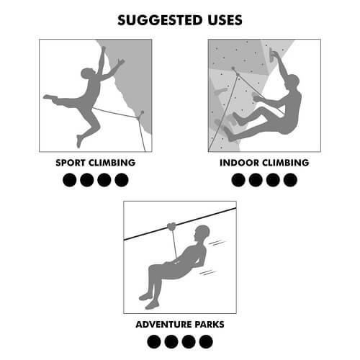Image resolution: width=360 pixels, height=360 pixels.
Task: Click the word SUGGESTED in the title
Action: (x=160, y=20)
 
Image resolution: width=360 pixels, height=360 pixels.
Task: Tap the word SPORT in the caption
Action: (x=71, y=163)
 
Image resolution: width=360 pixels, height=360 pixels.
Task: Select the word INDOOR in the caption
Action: (x=239, y=163)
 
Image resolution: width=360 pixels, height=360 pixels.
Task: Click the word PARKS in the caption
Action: (x=210, y=325)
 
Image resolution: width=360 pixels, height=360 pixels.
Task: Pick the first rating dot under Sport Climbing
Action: (x=70, y=180)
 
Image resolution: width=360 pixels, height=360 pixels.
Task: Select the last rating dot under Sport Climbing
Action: (x=122, y=180)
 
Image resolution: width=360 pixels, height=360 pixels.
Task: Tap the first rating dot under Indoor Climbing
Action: (x=238, y=180)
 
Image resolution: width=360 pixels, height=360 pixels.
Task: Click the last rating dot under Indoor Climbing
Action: (x=290, y=180)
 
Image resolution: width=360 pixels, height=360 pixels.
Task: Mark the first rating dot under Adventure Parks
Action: (x=154, y=342)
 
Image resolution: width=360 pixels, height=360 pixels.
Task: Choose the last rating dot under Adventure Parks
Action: (x=206, y=342)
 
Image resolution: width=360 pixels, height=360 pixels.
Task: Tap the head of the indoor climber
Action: (x=292, y=81)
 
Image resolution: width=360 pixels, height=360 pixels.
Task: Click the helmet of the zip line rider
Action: (x=202, y=230)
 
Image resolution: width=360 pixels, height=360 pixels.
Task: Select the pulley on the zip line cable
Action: (x=171, y=227)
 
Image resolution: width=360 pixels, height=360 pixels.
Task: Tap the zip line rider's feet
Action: (x=149, y=300)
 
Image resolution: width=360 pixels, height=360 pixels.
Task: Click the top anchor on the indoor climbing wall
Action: (x=233, y=68)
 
